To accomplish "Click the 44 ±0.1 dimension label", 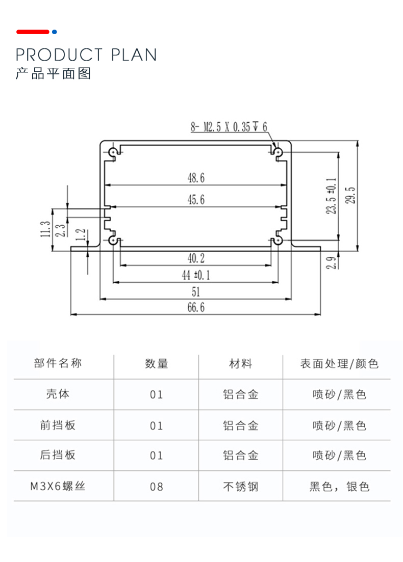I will pyautogui.click(x=196, y=276).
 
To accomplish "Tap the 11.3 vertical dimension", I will pyautogui.click(x=45, y=229).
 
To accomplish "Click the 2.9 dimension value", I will pyautogui.click(x=331, y=263).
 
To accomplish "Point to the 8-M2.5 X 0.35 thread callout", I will pyautogui.click(x=229, y=127).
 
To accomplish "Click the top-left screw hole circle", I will pyautogui.click(x=113, y=151).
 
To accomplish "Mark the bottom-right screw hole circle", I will pyautogui.click(x=279, y=240).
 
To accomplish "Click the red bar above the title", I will pyautogui.click(x=33, y=32).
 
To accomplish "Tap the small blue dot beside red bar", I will pyautogui.click(x=55, y=32).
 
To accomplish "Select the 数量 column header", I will pyautogui.click(x=157, y=364).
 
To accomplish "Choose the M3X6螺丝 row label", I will pyautogui.click(x=58, y=487).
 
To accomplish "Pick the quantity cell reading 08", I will pyautogui.click(x=157, y=487).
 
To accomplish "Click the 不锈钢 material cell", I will pyautogui.click(x=241, y=487).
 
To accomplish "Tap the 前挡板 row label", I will pyautogui.click(x=58, y=425).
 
